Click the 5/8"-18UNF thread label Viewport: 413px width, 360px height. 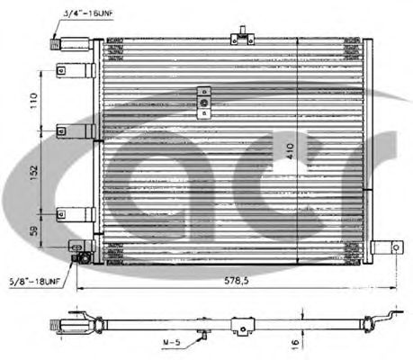tap(34, 282)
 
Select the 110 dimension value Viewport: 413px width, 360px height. tap(34, 101)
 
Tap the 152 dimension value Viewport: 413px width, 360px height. tap(34, 173)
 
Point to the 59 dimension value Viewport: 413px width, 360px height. tap(34, 230)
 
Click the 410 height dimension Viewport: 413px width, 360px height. tap(291, 151)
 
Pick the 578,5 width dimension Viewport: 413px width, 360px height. tap(237, 281)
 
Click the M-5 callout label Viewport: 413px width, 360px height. tap(172, 342)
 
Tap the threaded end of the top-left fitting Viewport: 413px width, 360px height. tap(55, 44)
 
